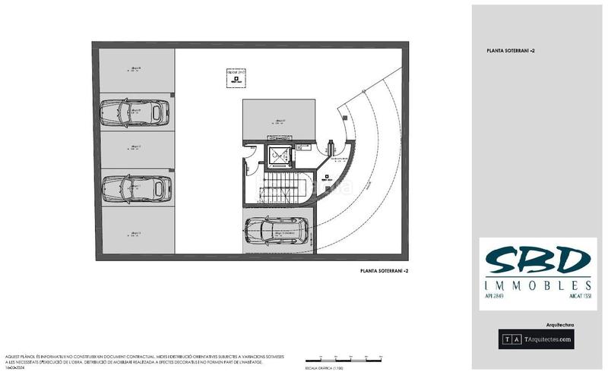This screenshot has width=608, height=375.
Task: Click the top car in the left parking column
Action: click(135, 113)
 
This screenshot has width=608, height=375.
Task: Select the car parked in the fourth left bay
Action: click(135, 187)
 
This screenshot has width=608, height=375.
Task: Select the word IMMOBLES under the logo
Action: click(538, 285)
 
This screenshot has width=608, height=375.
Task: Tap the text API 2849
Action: click(496, 296)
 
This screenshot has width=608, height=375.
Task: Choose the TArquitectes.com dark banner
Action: click(536, 339)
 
